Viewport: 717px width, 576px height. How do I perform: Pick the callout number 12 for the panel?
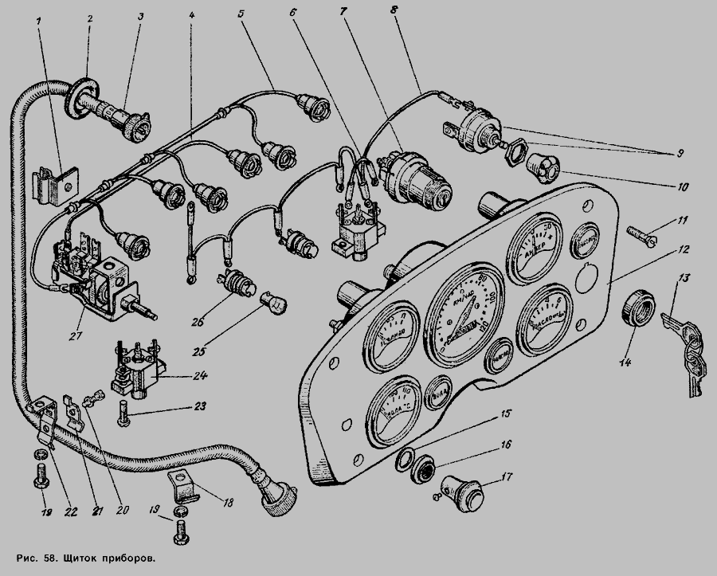tap(683, 249)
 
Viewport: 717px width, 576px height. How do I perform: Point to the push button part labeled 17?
tap(464, 492)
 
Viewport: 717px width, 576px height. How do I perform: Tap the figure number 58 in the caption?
tap(49, 558)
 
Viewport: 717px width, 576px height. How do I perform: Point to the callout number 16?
tap(505, 444)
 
